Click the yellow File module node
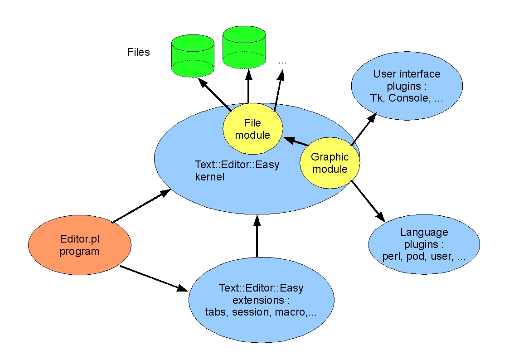[x=252, y=129]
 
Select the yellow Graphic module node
[x=330, y=163]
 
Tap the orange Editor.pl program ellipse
[x=79, y=245]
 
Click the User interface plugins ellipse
[x=407, y=86]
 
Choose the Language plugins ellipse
[x=424, y=244]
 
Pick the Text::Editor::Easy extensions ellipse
[x=262, y=300]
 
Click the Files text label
[x=138, y=52]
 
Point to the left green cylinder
[x=193, y=56]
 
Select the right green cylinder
[x=244, y=48]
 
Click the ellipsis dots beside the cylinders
[x=282, y=62]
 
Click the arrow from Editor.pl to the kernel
[x=141, y=206]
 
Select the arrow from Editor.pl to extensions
[x=154, y=278]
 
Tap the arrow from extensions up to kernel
[x=257, y=236]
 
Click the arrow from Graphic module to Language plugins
[x=368, y=201]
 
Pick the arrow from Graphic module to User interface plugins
[x=364, y=129]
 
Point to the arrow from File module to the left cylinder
[x=214, y=94]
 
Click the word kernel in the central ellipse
[x=210, y=177]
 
